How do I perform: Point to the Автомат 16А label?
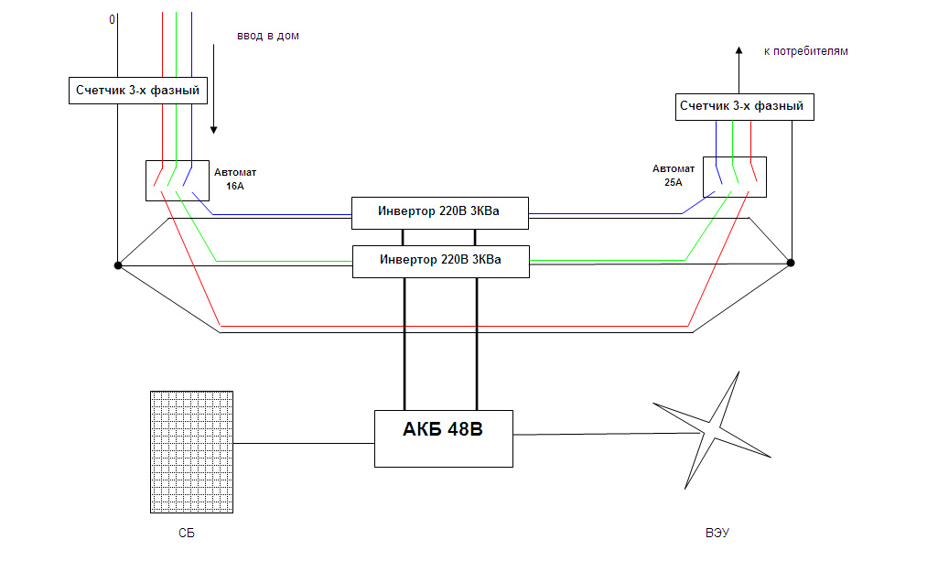tap(235, 178)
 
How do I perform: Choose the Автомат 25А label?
tap(674, 175)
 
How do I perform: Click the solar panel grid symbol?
tap(191, 451)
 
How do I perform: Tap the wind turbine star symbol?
tap(711, 431)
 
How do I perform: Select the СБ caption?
tap(187, 533)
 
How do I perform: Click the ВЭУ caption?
tap(717, 533)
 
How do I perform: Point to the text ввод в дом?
tap(268, 36)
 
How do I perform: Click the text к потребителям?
tap(806, 51)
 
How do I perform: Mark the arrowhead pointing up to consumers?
tap(739, 51)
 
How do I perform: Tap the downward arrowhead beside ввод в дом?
tap(213, 130)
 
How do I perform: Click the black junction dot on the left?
tap(118, 265)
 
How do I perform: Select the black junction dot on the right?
tap(791, 263)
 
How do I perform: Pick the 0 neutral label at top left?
tap(112, 20)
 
